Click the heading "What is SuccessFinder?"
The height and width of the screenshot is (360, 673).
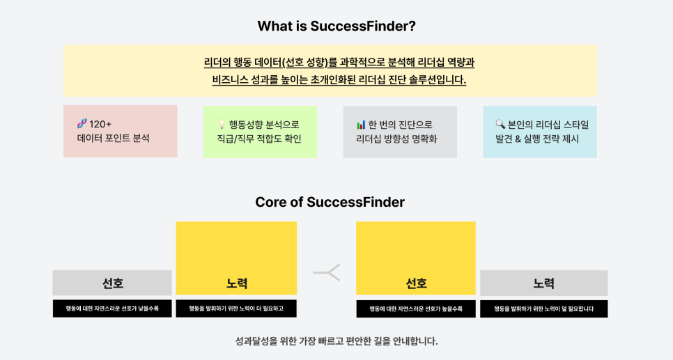[336, 26]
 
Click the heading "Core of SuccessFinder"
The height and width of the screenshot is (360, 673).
[330, 202]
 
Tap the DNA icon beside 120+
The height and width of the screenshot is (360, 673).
[82, 123]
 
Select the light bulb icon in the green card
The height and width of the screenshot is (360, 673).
[222, 125]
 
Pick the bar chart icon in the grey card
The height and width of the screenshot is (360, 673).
[361, 125]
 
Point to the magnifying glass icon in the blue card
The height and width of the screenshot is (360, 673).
[500, 125]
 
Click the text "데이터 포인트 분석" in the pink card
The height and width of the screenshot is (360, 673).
[114, 138]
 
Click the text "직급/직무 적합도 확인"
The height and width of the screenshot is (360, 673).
[259, 139]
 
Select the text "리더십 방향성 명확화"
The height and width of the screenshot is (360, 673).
[396, 139]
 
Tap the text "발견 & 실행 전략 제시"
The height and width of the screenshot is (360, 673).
[537, 139]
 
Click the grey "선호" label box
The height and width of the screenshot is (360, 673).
[112, 283]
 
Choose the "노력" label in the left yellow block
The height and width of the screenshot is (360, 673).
[236, 283]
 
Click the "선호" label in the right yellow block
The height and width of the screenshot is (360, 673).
[416, 283]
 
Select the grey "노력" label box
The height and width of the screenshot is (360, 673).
[544, 283]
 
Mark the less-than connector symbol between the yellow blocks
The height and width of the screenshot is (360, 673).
[327, 272]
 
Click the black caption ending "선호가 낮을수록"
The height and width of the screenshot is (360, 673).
[112, 308]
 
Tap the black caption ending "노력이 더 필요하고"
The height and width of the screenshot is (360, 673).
[236, 308]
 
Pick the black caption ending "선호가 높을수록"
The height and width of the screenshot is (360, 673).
[416, 309]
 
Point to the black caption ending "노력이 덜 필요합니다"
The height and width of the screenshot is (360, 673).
[544, 309]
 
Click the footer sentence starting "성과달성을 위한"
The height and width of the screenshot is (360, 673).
[336, 342]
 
